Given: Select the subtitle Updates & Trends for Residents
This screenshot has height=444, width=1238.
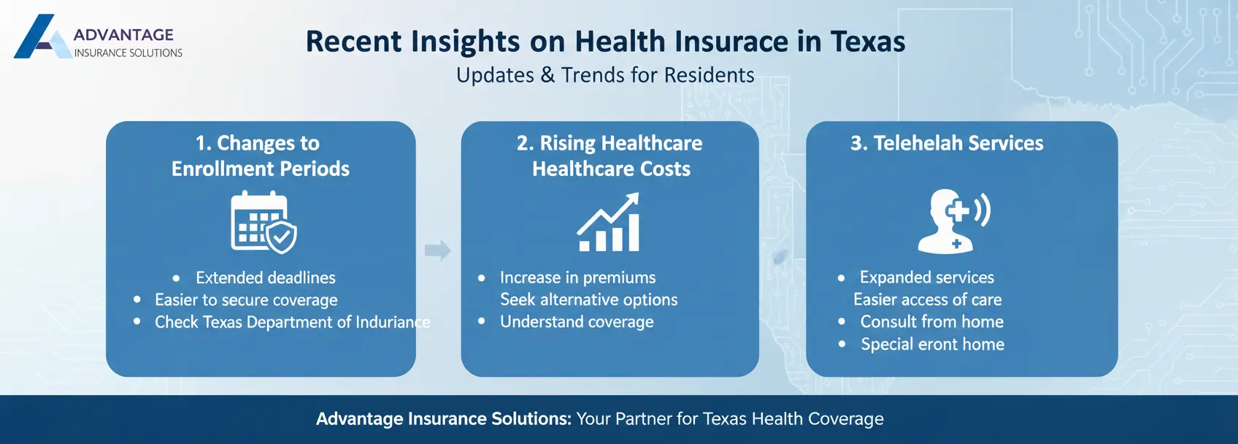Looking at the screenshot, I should (x=605, y=75).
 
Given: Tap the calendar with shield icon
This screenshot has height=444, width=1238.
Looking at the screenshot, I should (x=263, y=222).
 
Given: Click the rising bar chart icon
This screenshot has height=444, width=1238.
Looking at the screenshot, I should (x=609, y=223).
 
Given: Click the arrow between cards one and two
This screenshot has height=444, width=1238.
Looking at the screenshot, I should (x=437, y=250).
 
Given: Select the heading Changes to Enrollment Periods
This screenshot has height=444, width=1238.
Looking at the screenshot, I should (x=261, y=156).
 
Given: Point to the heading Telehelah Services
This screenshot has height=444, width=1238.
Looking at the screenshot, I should (x=947, y=143).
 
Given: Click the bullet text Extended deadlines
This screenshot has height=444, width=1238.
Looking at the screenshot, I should (x=265, y=277).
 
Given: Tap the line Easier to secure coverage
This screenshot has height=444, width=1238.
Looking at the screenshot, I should (x=246, y=300).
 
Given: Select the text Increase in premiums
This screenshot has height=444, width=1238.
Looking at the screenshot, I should (x=577, y=277).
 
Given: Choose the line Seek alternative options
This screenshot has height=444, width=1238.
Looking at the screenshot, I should (x=588, y=299).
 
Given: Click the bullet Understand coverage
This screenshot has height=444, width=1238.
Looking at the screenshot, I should (x=577, y=322).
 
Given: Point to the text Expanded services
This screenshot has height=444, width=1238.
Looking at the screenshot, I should (x=926, y=277).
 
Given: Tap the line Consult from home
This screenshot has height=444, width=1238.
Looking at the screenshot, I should (x=931, y=322).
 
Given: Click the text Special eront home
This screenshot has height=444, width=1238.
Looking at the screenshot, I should (x=932, y=345).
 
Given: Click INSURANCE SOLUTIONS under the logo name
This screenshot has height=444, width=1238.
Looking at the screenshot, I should (x=128, y=53).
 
